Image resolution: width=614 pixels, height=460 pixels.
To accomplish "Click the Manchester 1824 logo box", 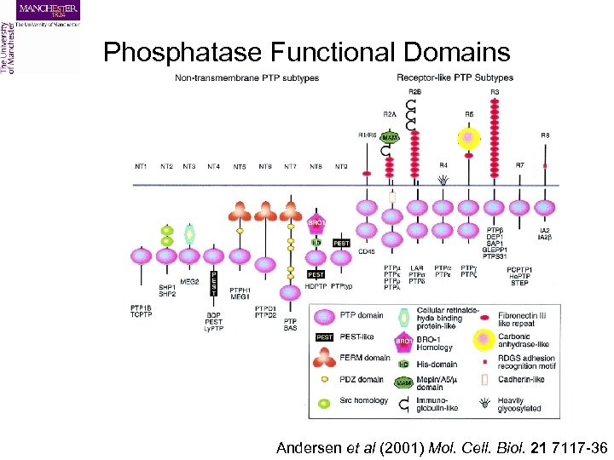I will pos(48,11).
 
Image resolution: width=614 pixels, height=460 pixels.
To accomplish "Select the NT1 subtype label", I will pos(142,166).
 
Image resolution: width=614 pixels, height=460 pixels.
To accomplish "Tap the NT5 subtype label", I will pos(240,166).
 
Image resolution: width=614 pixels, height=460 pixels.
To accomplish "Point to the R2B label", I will pos(415,92).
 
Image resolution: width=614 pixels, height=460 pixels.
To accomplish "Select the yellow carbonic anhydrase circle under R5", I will pos(467,137).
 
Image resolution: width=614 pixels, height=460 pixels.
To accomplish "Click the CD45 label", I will pos(368,252).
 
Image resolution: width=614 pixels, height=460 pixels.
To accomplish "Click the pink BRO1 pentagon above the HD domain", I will pos(316,223).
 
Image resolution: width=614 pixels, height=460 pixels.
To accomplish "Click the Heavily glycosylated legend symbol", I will pos(485,400).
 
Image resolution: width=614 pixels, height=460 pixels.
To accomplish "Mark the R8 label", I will pos(545,135).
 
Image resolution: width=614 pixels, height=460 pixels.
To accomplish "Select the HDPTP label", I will pos(316,285).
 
